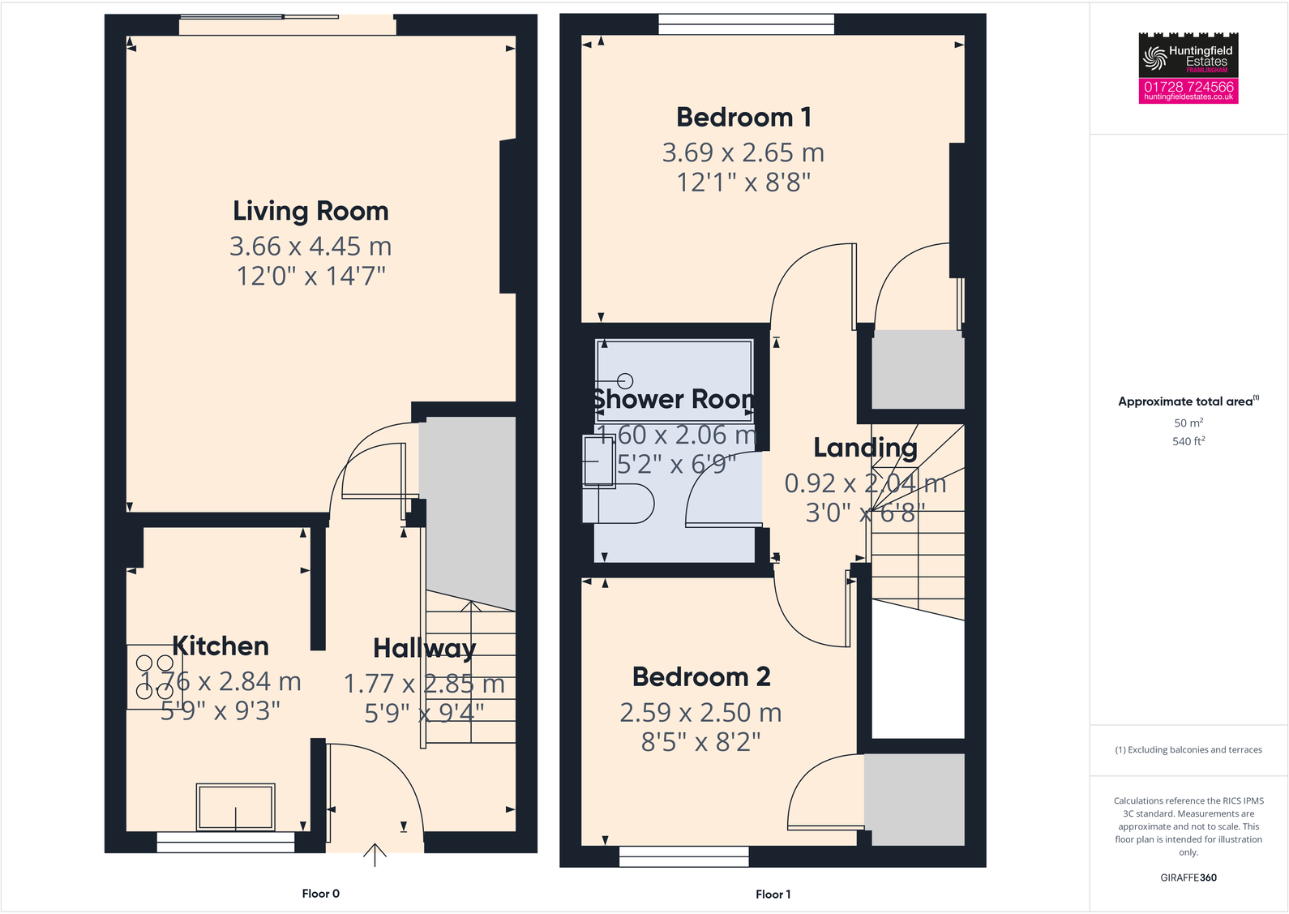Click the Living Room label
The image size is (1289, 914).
[310, 211]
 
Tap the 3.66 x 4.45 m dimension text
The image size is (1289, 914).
[310, 246]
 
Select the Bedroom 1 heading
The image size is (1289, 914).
[743, 118]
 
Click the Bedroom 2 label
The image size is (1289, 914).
[701, 677]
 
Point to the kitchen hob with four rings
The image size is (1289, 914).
[154, 677]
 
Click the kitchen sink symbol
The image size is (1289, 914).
[236, 807]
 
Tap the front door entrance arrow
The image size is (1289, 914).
[375, 855]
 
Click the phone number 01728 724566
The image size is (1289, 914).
[1188, 86]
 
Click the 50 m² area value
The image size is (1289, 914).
[1188, 423]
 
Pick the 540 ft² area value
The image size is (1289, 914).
[1188, 441]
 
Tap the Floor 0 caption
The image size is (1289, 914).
[320, 894]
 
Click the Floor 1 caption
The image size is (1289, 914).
[773, 895]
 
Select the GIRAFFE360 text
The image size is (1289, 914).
[1188, 878]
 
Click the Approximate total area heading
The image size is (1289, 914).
[1188, 401]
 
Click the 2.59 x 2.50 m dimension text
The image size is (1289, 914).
[700, 713]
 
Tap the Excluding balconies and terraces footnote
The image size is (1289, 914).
[1188, 750]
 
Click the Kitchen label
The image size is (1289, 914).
[221, 646]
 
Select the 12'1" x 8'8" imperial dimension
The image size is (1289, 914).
[743, 182]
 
